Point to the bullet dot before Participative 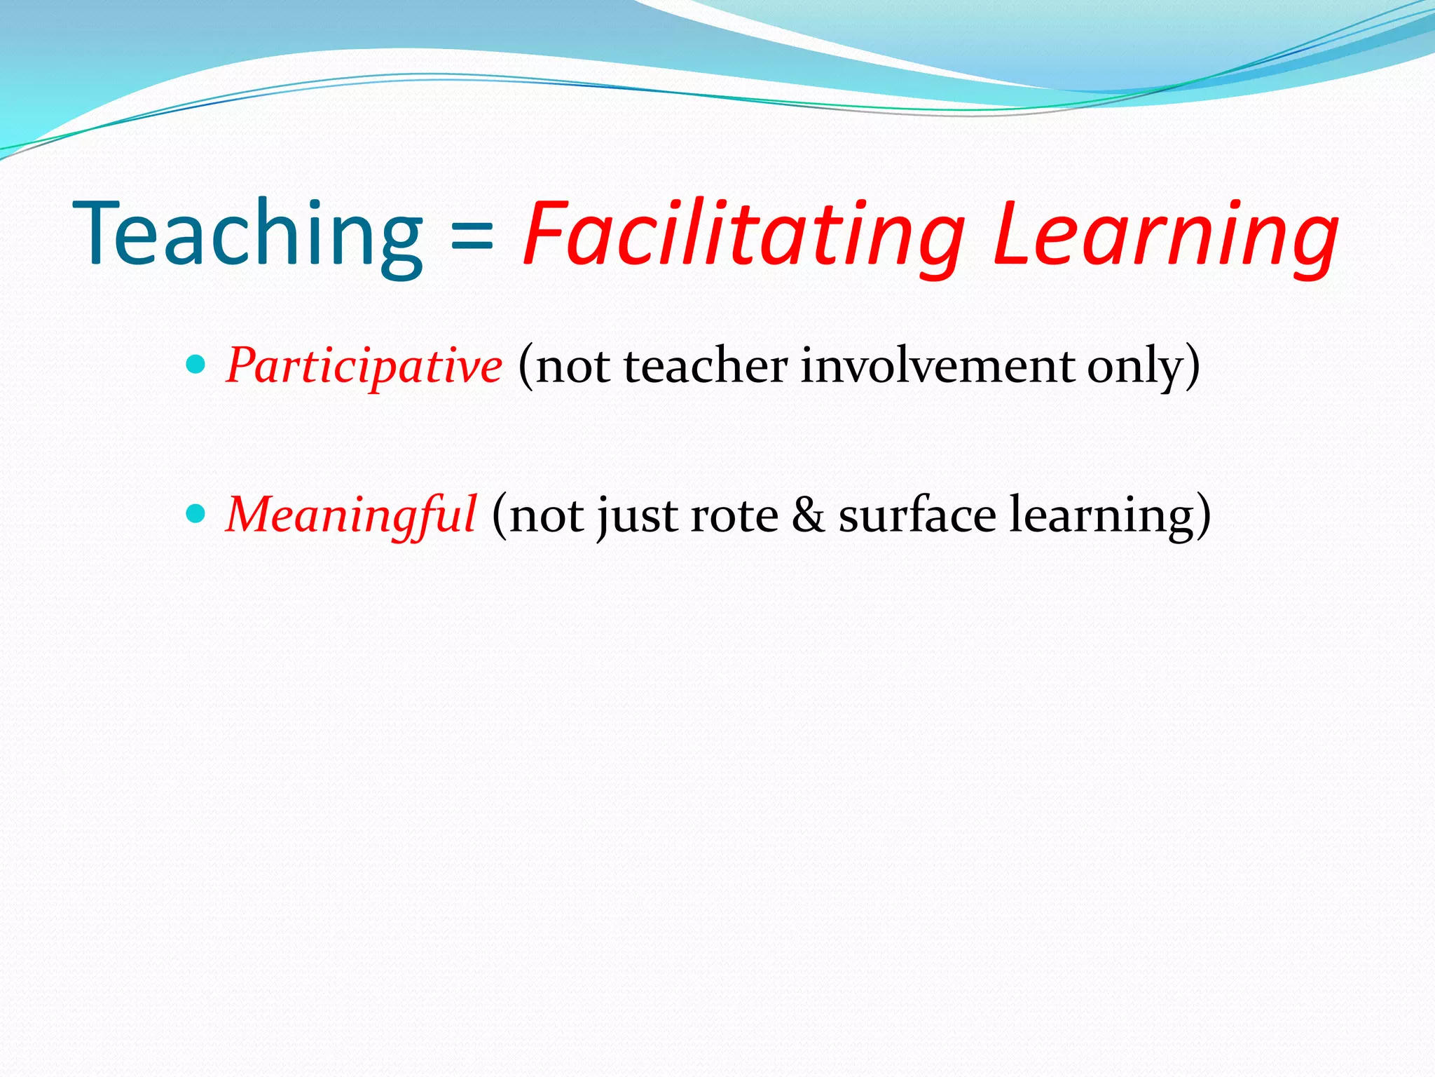pos(197,365)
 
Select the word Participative pos(364,366)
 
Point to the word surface pos(917,515)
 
